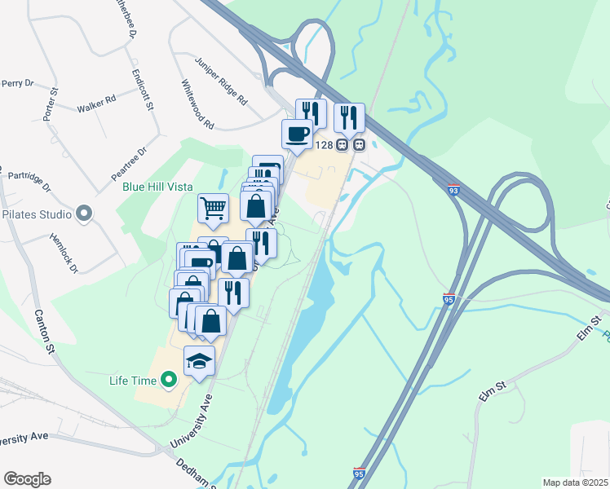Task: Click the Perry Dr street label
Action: point(17,83)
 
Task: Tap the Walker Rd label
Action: point(96,103)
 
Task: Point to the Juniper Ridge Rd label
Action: point(221,81)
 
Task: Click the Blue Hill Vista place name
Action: point(157,186)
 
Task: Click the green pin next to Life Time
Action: point(169,380)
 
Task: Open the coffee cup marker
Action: point(296,133)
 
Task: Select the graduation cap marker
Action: point(199,359)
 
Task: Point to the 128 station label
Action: point(323,145)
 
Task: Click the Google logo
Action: point(27,479)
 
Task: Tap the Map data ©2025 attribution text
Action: point(574,482)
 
